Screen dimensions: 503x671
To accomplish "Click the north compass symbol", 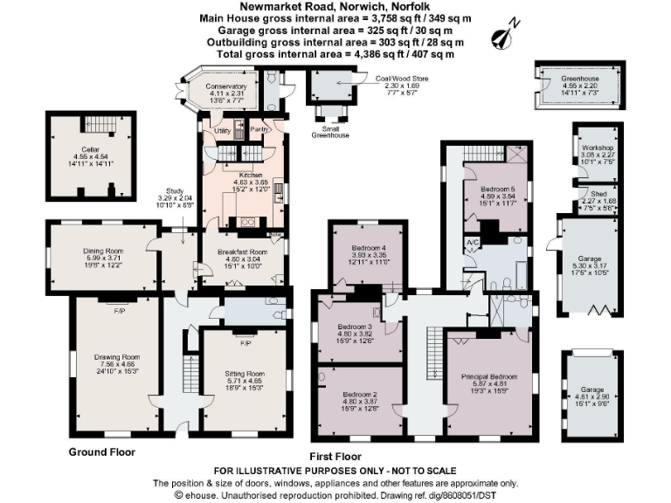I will [503, 36].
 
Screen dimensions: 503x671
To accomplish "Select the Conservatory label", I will [225, 87].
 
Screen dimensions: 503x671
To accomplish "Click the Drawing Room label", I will [117, 357].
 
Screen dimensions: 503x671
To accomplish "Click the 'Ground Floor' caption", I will [102, 452].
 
